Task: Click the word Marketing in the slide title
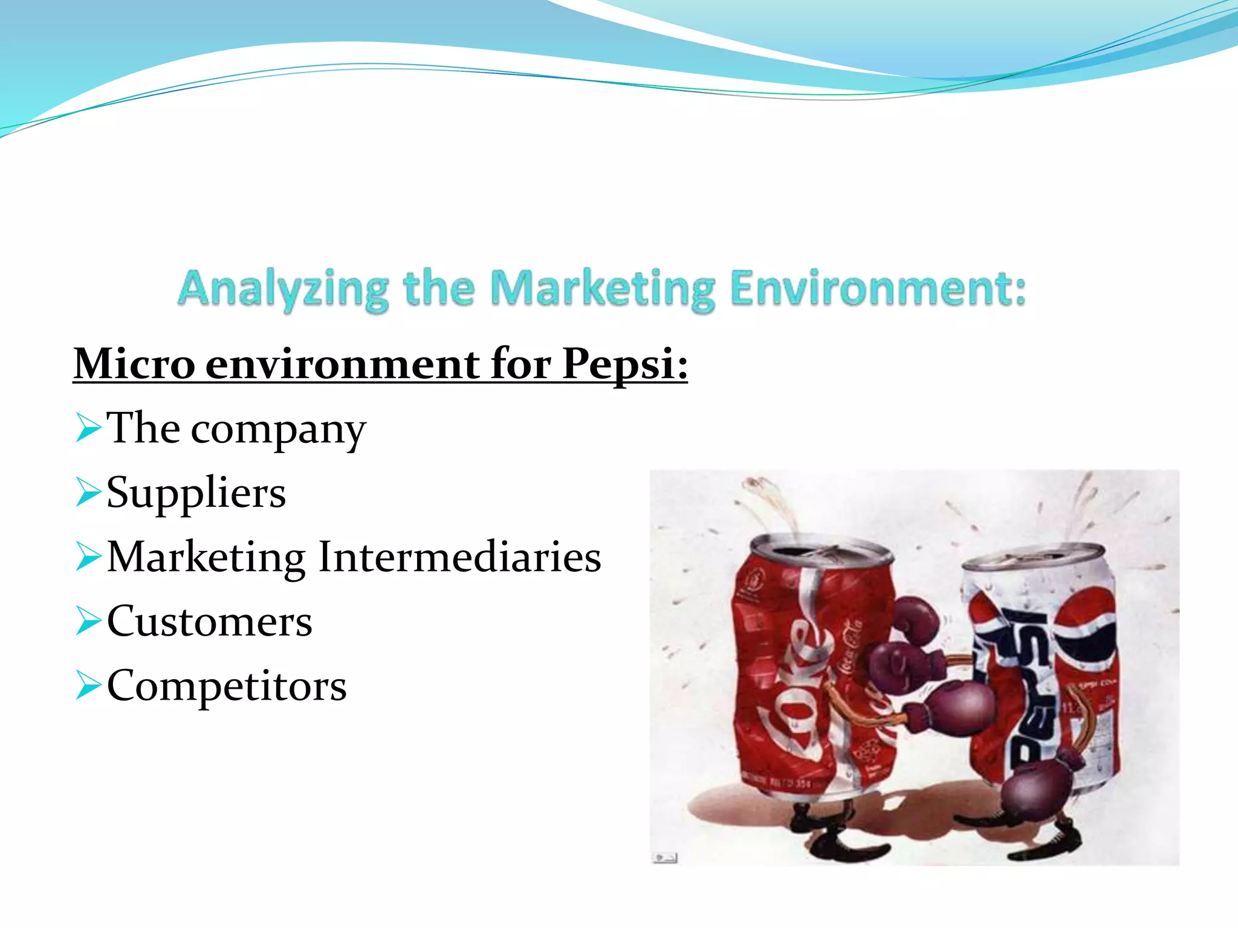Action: coord(602,289)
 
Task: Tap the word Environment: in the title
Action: coord(878,288)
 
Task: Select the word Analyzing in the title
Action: coord(284,289)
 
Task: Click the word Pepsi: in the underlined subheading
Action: coord(624,364)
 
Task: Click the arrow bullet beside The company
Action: coord(88,429)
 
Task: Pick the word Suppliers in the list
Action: coord(196,493)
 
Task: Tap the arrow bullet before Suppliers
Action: coord(88,493)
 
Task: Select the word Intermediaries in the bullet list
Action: coord(459,557)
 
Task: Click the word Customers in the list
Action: coord(209,621)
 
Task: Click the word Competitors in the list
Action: coord(227,686)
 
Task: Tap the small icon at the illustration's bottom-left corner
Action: coord(665,857)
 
